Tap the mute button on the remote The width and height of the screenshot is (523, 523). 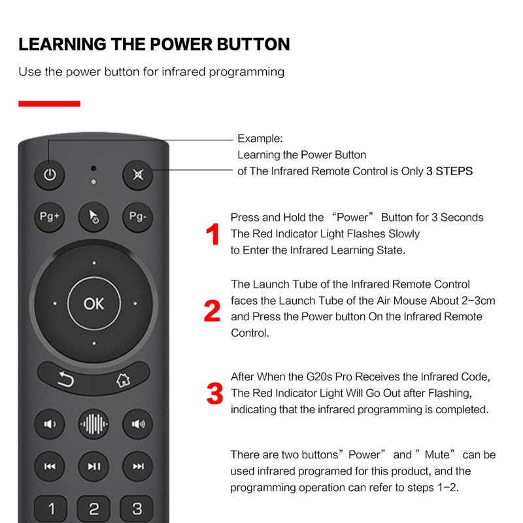(138, 175)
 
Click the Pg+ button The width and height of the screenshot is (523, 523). (50, 216)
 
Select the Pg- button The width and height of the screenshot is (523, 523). (138, 216)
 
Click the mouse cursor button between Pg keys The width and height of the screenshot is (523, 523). (94, 217)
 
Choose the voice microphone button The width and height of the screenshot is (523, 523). (94, 424)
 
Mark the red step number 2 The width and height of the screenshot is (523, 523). (212, 312)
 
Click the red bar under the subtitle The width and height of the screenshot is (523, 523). (49, 103)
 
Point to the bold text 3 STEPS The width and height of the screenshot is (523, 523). (449, 171)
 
